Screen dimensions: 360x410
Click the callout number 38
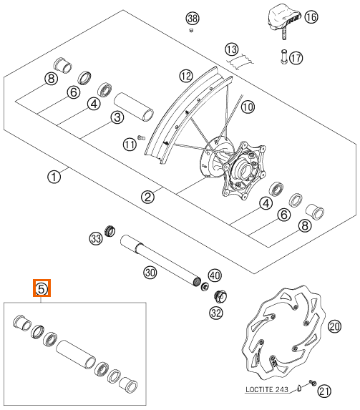point(193,19)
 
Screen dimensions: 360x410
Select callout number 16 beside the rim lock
point(311,17)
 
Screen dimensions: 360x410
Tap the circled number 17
point(296,57)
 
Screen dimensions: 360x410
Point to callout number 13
point(232,49)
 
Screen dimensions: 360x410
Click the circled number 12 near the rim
point(186,76)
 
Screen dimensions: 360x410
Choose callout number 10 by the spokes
point(248,107)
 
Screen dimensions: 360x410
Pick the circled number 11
point(130,145)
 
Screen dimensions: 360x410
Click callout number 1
point(54,177)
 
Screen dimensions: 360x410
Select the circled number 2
point(148,196)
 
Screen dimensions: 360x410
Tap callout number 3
point(117,117)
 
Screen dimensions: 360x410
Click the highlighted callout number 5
point(42,288)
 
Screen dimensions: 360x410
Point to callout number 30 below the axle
point(150,273)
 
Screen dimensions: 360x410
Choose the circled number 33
point(96,238)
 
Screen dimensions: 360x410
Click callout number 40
point(215,275)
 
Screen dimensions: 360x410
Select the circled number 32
point(216,313)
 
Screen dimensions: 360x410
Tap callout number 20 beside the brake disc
point(335,326)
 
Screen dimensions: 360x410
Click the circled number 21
point(324,391)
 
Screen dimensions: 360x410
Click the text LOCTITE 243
point(267,389)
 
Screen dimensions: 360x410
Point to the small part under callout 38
point(191,31)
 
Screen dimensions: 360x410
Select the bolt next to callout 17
point(284,57)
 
